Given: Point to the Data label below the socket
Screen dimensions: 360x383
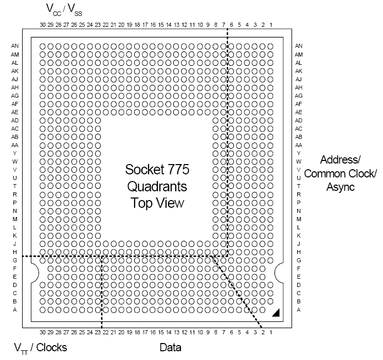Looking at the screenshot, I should (x=170, y=348).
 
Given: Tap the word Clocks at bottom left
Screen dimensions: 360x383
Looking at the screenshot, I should (x=49, y=348).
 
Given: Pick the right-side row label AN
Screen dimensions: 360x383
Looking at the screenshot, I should (x=299, y=46).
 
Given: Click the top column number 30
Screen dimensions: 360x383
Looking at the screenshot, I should (x=43, y=25).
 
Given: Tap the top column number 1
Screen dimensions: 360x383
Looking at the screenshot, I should (x=271, y=25).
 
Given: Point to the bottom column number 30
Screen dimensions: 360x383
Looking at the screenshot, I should (x=43, y=333).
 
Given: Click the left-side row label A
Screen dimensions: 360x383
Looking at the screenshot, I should (x=15, y=309).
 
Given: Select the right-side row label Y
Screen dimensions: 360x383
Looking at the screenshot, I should (x=299, y=153).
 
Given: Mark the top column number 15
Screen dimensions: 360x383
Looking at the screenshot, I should (x=161, y=25).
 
